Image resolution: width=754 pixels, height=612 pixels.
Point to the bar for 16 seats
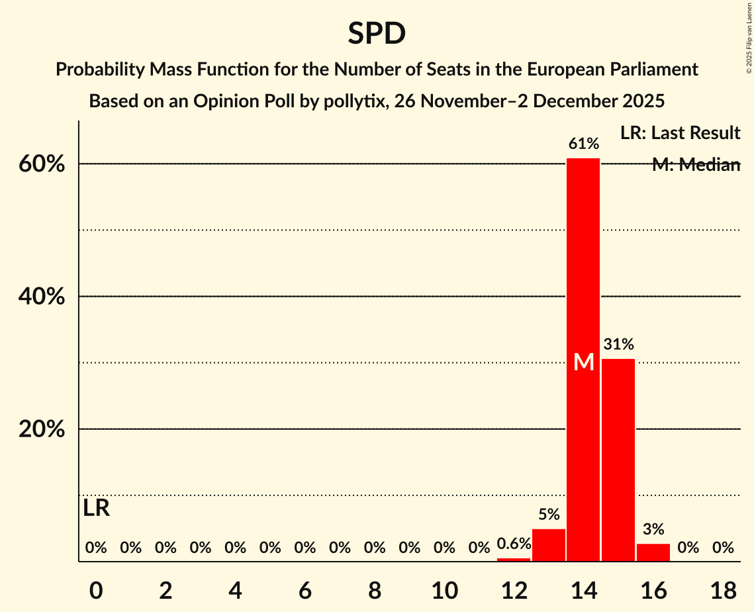653,552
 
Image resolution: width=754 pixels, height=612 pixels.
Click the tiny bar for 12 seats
514,560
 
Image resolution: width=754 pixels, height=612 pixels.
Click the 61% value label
583,144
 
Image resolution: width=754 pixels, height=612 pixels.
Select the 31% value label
618,344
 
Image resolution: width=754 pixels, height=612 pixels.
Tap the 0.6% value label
514,544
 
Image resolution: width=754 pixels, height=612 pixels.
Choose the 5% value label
549,515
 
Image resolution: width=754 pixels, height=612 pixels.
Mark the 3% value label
653,529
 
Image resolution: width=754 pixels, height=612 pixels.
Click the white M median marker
583,362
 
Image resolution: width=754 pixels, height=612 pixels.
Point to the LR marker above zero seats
97,509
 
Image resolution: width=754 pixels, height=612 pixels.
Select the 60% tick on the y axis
41,164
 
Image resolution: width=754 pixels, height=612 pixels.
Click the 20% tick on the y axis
41,429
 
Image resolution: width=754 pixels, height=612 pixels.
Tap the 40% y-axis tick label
41,297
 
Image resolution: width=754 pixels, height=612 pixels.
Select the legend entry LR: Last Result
680,133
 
